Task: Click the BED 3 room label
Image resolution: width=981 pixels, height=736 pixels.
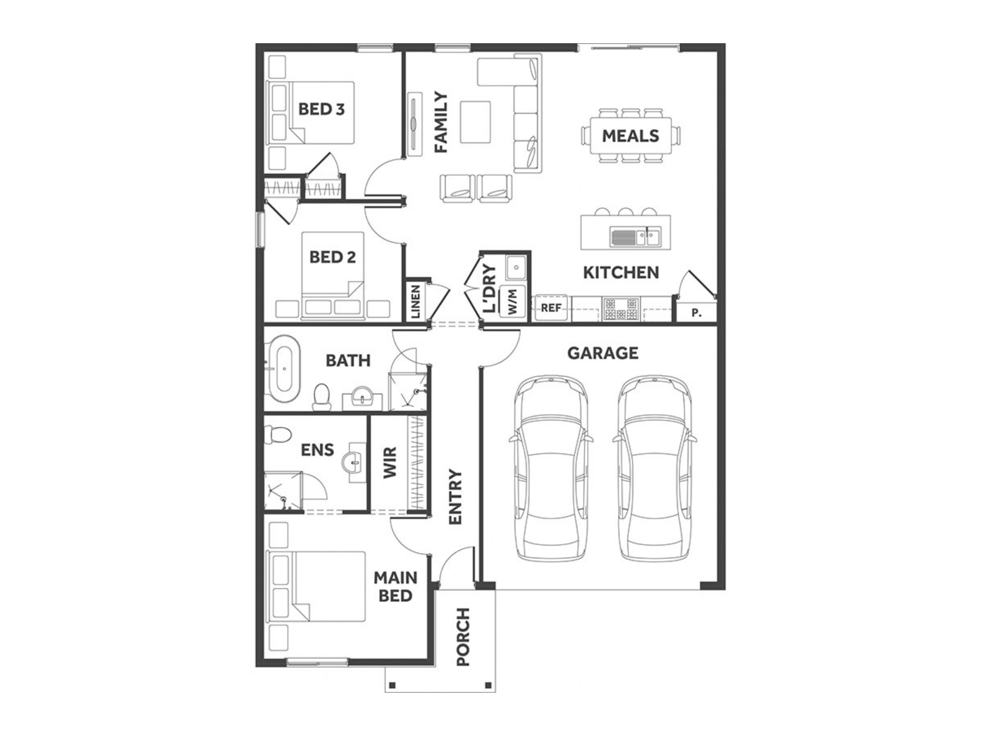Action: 321,109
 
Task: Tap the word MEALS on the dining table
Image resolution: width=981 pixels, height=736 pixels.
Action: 630,136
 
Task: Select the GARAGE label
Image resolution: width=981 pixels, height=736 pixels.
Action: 603,353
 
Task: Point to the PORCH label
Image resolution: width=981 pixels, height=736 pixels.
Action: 463,636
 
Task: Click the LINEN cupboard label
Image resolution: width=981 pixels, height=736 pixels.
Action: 415,301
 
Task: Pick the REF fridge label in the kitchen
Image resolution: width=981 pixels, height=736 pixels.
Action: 551,308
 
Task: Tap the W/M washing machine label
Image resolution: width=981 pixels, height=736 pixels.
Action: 512,301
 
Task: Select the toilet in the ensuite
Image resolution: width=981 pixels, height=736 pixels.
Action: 277,435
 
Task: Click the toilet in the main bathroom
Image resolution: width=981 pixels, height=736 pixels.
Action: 322,397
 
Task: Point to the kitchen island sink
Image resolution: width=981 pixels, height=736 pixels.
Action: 635,237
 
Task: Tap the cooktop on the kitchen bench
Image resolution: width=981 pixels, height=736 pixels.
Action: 621,309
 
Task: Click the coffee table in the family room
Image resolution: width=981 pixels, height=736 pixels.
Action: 475,122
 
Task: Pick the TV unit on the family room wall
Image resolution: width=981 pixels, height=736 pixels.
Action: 415,124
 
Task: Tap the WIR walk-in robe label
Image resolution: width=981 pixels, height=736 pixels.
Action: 389,462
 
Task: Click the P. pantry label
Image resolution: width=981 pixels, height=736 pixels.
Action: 696,313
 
